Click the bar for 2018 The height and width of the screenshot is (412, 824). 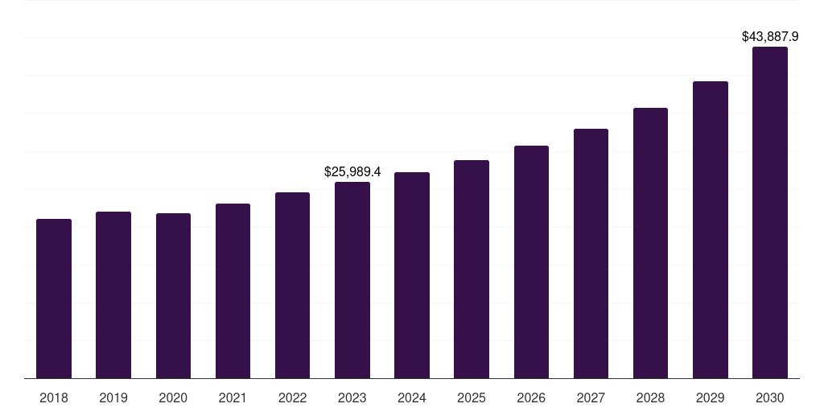(x=54, y=299)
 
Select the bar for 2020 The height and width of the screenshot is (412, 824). (x=173, y=296)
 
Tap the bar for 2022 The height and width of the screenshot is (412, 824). (x=292, y=286)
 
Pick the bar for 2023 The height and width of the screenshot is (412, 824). (x=352, y=280)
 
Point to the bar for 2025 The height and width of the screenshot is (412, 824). (x=472, y=270)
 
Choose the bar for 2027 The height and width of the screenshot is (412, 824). (x=591, y=253)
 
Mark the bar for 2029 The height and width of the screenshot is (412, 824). (x=711, y=230)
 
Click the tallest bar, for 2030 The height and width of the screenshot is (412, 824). (x=770, y=212)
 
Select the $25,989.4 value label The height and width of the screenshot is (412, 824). (x=352, y=171)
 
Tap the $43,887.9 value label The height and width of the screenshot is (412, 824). (x=770, y=36)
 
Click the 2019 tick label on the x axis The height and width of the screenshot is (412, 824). (x=113, y=398)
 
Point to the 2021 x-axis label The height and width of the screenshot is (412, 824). (x=233, y=398)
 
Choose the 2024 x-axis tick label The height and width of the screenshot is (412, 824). (x=412, y=398)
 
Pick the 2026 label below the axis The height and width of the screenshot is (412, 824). (x=531, y=398)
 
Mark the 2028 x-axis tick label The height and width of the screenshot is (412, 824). (x=650, y=398)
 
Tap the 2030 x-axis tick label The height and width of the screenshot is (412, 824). (x=770, y=398)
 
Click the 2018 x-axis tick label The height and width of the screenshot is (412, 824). (x=54, y=398)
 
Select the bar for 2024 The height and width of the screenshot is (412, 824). (x=412, y=275)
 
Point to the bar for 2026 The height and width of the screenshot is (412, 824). (x=531, y=262)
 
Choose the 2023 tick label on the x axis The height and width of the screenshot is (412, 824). (x=352, y=398)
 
